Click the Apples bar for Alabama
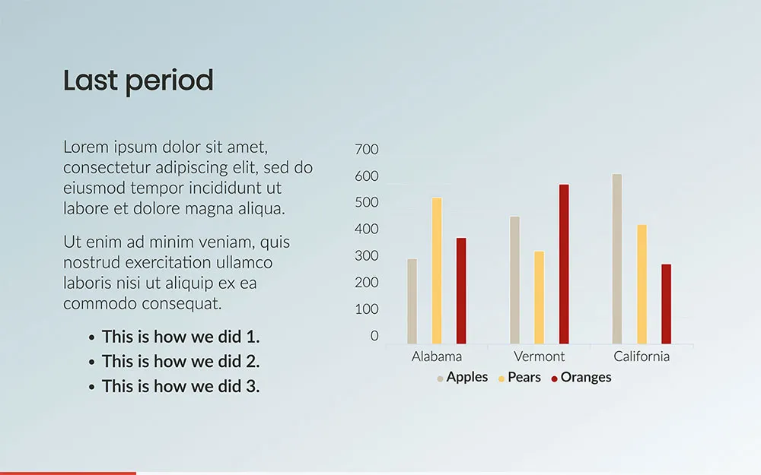click(x=412, y=302)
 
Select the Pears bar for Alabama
click(x=437, y=271)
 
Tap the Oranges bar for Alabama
click(x=461, y=291)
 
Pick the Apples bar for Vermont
click(x=515, y=280)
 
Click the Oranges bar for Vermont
click(x=564, y=264)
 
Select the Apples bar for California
click(x=617, y=259)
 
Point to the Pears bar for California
click(x=642, y=284)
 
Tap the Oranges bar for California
click(x=667, y=304)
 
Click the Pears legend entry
click(x=519, y=378)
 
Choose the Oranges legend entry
click(x=581, y=378)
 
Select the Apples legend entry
click(x=463, y=378)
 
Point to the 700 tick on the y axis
click(x=367, y=149)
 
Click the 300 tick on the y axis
click(x=367, y=256)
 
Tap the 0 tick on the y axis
click(x=374, y=336)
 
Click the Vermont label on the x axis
click(x=540, y=356)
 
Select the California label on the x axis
click(x=642, y=356)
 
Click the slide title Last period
click(x=139, y=81)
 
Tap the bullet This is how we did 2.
click(x=180, y=362)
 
